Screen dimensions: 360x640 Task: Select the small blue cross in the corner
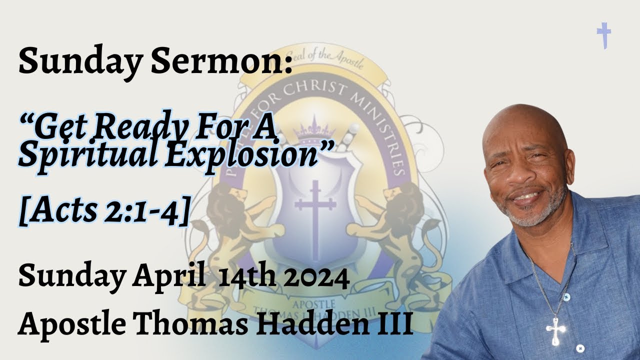pyautogui.click(x=604, y=35)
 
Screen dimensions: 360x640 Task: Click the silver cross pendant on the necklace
pyautogui.click(x=555, y=329)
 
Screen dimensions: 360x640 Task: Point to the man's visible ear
pyautogui.click(x=569, y=165)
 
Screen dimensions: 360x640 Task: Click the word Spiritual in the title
pyautogui.click(x=85, y=155)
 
